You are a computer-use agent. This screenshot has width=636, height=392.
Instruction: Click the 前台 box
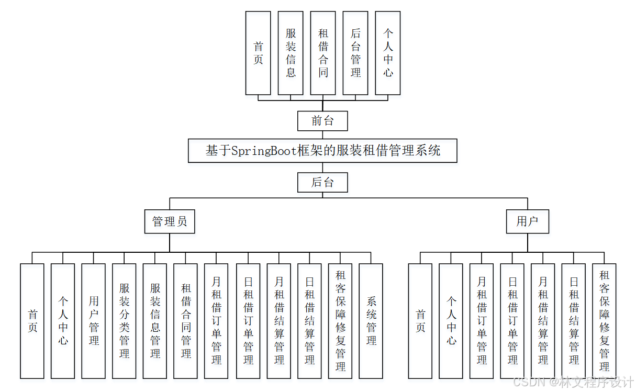pyautogui.click(x=322, y=121)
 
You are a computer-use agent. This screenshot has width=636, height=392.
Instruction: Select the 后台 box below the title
pyautogui.click(x=322, y=183)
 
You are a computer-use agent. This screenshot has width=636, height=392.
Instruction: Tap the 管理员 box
pyautogui.click(x=170, y=221)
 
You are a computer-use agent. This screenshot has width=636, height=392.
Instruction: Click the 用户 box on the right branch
pyautogui.click(x=527, y=221)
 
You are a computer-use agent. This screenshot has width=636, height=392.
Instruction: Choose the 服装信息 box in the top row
pyautogui.click(x=291, y=53)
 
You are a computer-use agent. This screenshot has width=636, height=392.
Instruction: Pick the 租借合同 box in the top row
pyautogui.click(x=323, y=53)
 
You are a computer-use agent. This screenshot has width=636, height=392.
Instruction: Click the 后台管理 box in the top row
pyautogui.click(x=355, y=53)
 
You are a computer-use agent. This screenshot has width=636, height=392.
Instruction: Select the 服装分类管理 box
pyautogui.click(x=124, y=321)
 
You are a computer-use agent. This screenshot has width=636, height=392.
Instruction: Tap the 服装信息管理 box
pyautogui.click(x=155, y=321)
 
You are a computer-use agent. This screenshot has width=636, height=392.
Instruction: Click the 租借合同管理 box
pyautogui.click(x=186, y=321)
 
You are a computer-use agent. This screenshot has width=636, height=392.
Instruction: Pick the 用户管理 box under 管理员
pyautogui.click(x=94, y=321)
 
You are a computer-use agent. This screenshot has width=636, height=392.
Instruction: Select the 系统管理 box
pyautogui.click(x=371, y=321)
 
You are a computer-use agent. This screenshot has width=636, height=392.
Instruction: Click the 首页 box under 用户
pyautogui.click(x=420, y=321)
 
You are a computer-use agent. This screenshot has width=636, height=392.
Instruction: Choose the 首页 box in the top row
pyautogui.click(x=258, y=53)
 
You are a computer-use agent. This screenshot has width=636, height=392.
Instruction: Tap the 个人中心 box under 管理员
pyautogui.click(x=63, y=321)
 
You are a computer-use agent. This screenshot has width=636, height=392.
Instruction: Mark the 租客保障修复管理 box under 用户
pyautogui.click(x=605, y=321)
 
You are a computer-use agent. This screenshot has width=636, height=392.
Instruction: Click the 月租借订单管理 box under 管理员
pyautogui.click(x=216, y=321)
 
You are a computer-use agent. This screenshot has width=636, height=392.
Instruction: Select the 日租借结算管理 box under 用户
pyautogui.click(x=574, y=321)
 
